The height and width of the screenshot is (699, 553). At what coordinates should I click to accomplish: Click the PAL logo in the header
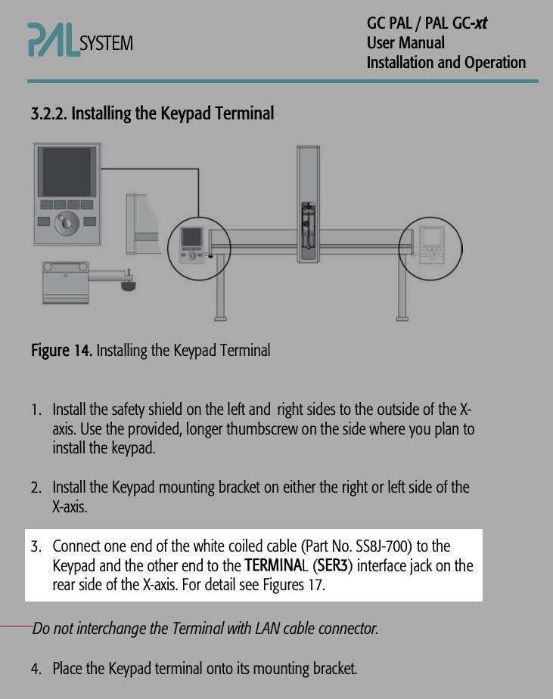pos(53,39)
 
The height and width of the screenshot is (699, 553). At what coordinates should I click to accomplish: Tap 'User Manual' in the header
pos(405,43)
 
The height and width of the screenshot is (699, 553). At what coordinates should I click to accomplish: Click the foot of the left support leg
pos(222,315)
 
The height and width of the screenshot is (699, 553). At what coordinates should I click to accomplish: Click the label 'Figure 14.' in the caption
pos(61,351)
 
